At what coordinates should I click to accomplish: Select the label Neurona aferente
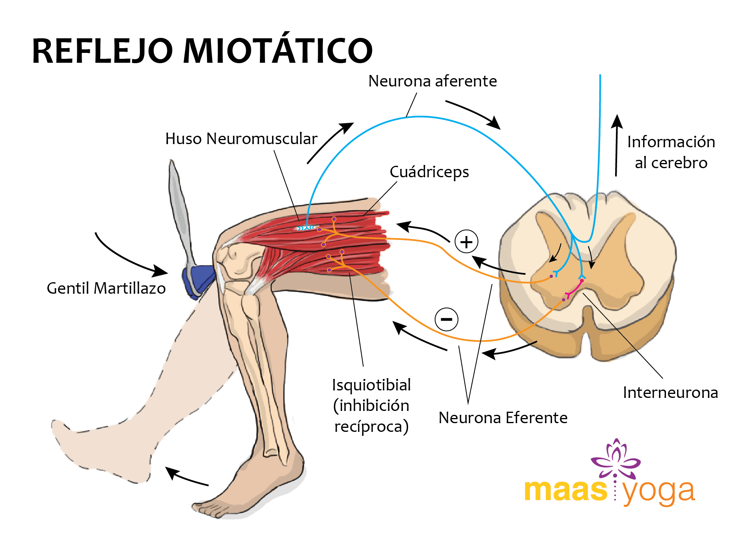[x=433, y=81]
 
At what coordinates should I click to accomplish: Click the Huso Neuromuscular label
[x=241, y=139]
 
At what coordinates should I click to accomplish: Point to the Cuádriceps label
[x=429, y=172]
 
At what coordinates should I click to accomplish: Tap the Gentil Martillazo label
[x=106, y=288]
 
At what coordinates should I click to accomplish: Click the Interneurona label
[x=670, y=392]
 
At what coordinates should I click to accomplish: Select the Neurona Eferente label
[x=503, y=417]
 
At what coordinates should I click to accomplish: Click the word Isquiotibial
[x=371, y=385]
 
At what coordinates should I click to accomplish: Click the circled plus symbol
[x=466, y=242]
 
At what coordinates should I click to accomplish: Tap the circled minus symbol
[x=446, y=319]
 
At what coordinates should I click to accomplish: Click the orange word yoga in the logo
[x=658, y=492]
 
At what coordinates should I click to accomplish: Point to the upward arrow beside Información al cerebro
[x=617, y=145]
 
